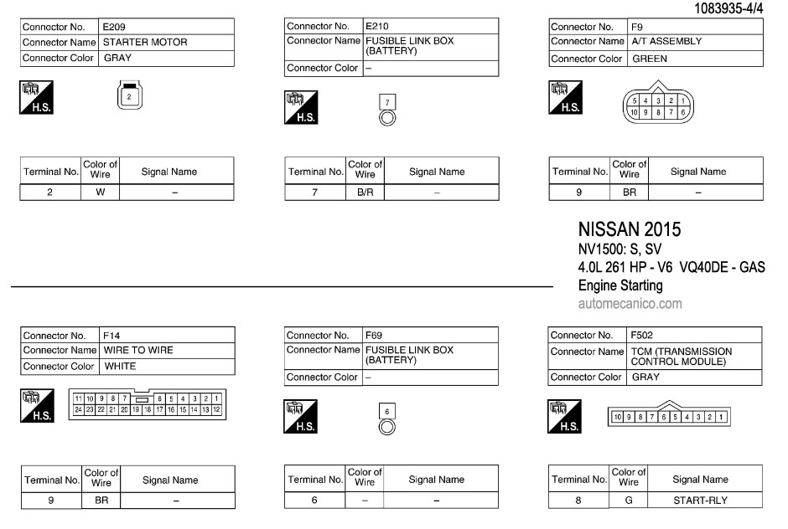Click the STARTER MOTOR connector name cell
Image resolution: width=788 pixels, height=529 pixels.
(x=145, y=42)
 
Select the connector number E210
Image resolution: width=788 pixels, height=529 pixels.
(x=376, y=26)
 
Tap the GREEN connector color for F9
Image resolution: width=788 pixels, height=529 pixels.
(x=650, y=59)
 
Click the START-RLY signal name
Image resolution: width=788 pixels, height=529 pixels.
(x=700, y=501)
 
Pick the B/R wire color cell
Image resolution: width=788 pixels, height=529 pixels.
(x=365, y=193)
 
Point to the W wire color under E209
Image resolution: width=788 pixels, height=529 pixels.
(x=101, y=193)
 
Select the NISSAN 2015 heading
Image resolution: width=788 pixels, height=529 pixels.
(x=630, y=229)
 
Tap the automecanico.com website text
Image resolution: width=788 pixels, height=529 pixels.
(x=630, y=304)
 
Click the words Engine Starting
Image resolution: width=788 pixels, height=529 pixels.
(x=620, y=285)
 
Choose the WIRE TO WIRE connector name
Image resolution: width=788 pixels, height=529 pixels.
(x=138, y=350)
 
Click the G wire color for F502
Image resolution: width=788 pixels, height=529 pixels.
(x=629, y=501)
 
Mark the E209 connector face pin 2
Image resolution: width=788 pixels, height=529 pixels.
(x=127, y=97)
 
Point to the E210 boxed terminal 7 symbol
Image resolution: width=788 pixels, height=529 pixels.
(x=386, y=102)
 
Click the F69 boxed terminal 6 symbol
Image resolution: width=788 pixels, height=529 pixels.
(x=386, y=411)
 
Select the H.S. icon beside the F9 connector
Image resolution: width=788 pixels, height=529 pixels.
(x=564, y=99)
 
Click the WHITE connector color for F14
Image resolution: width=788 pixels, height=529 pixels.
(x=120, y=366)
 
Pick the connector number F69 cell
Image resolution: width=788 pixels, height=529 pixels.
(x=374, y=336)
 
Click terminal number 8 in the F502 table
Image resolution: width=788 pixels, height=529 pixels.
(x=578, y=501)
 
